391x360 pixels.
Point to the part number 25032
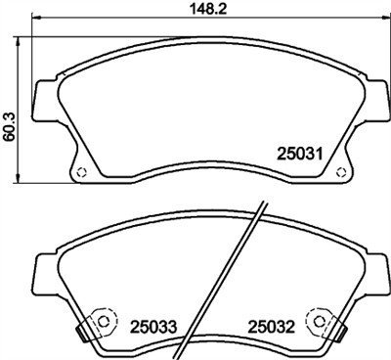coord(270,325)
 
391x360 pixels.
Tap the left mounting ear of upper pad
coord(45,99)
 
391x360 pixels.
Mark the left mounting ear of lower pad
coord(45,268)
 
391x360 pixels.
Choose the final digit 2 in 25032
coord(290,325)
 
